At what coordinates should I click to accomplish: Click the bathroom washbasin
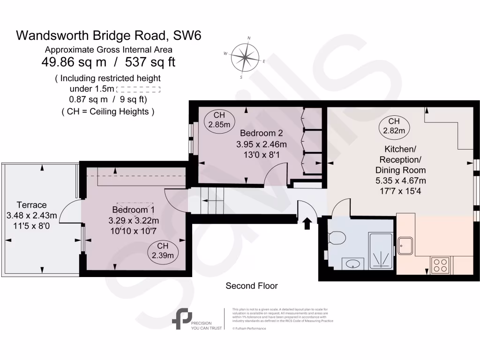pos(352,264)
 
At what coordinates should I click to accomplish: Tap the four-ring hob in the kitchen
pos(441,265)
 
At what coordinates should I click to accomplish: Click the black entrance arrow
pos(307,224)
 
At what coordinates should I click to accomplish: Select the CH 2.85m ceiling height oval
pos(219,120)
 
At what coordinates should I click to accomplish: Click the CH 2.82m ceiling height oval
pos(394,126)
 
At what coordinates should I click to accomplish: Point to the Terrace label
pos(31,205)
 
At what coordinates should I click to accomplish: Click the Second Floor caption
pos(251,285)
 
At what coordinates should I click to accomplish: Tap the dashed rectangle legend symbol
pos(138,89)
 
